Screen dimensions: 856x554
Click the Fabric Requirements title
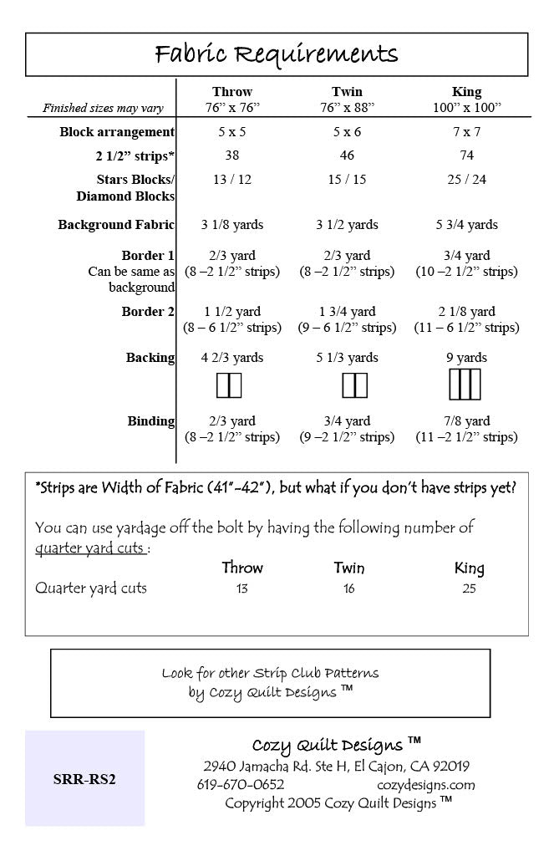(x=277, y=55)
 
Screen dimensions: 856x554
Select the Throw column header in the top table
(x=232, y=91)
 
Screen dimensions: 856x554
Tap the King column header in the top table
(x=466, y=91)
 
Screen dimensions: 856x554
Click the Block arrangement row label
(x=117, y=132)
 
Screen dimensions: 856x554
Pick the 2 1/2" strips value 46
(x=348, y=155)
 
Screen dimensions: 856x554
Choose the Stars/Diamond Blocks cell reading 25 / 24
(x=466, y=179)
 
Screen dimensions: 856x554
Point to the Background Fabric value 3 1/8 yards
(x=232, y=224)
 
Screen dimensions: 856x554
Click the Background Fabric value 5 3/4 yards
(x=466, y=224)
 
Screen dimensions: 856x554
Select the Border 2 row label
(x=148, y=312)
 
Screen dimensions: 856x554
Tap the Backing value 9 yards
(x=466, y=358)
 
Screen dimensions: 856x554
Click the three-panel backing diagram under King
(x=466, y=385)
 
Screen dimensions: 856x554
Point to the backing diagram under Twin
(x=355, y=385)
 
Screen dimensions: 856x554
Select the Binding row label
(x=151, y=421)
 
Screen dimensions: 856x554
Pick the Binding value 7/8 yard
(x=466, y=421)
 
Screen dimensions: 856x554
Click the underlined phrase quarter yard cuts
(x=91, y=548)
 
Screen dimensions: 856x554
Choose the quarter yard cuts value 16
(x=348, y=588)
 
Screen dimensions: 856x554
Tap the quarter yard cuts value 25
(x=469, y=588)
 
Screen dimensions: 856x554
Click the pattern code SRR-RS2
(x=84, y=780)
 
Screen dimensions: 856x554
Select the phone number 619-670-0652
(x=241, y=785)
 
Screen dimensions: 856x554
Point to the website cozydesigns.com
(x=426, y=785)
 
